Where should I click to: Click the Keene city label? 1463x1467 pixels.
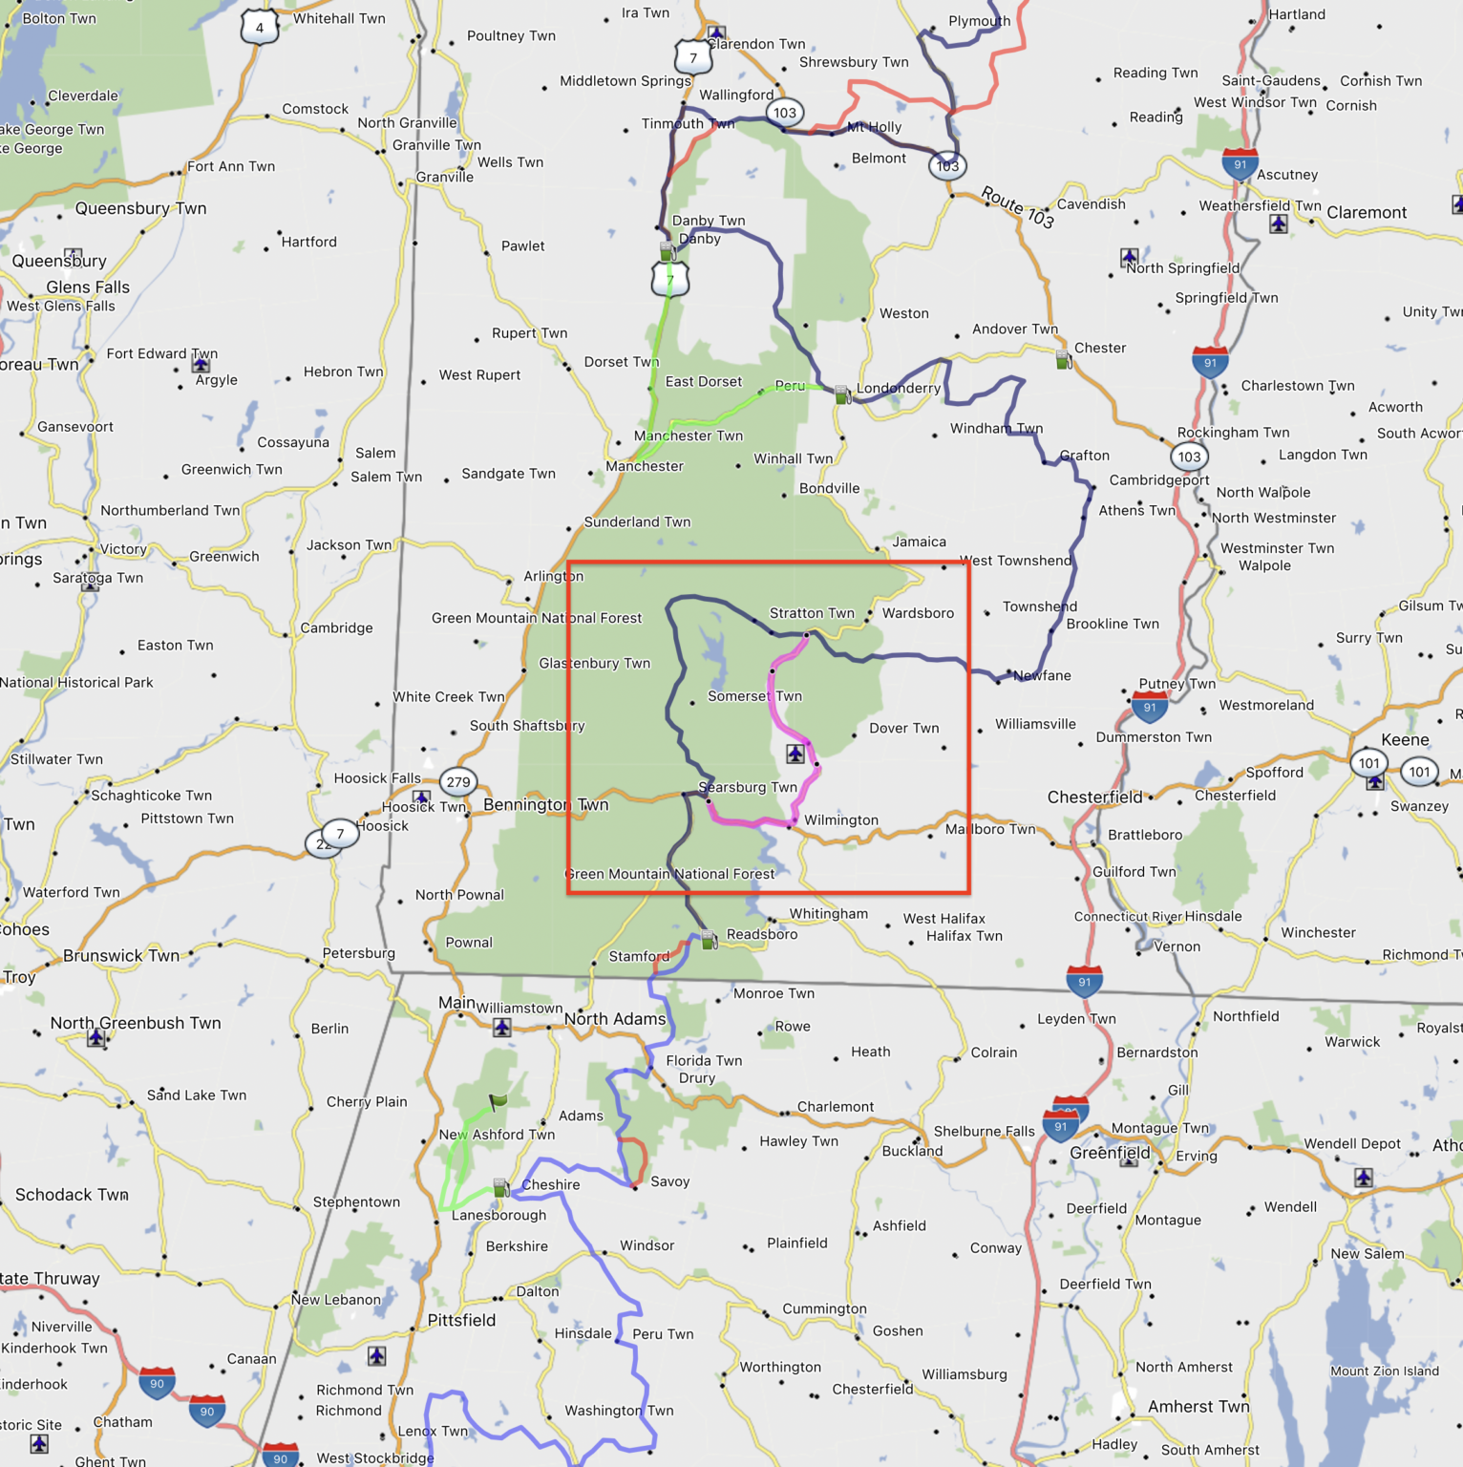click(1405, 739)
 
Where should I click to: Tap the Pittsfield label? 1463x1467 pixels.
click(461, 1320)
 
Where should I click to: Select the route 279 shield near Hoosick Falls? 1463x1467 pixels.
click(458, 782)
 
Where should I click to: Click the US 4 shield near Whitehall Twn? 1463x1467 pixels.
click(259, 28)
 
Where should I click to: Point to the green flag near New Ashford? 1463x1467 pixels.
click(498, 1101)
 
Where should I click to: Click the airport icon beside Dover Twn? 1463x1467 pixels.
click(795, 754)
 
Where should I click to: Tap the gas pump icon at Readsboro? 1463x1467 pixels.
click(710, 940)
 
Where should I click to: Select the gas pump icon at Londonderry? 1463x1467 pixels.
click(842, 393)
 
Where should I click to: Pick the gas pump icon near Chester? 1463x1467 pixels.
click(1063, 360)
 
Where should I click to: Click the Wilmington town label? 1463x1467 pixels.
click(840, 819)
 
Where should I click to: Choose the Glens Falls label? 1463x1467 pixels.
click(88, 287)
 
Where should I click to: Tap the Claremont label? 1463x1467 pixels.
click(1367, 212)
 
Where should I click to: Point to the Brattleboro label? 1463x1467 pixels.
click(1145, 835)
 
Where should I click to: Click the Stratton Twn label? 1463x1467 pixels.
click(812, 613)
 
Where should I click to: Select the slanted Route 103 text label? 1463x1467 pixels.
click(1017, 207)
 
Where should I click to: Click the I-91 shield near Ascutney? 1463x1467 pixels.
click(1240, 164)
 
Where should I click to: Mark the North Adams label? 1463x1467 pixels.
click(615, 1019)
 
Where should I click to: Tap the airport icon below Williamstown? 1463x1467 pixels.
click(501, 1028)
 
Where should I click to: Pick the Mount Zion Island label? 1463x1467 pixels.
click(1385, 1371)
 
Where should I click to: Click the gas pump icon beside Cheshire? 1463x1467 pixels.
click(500, 1187)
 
